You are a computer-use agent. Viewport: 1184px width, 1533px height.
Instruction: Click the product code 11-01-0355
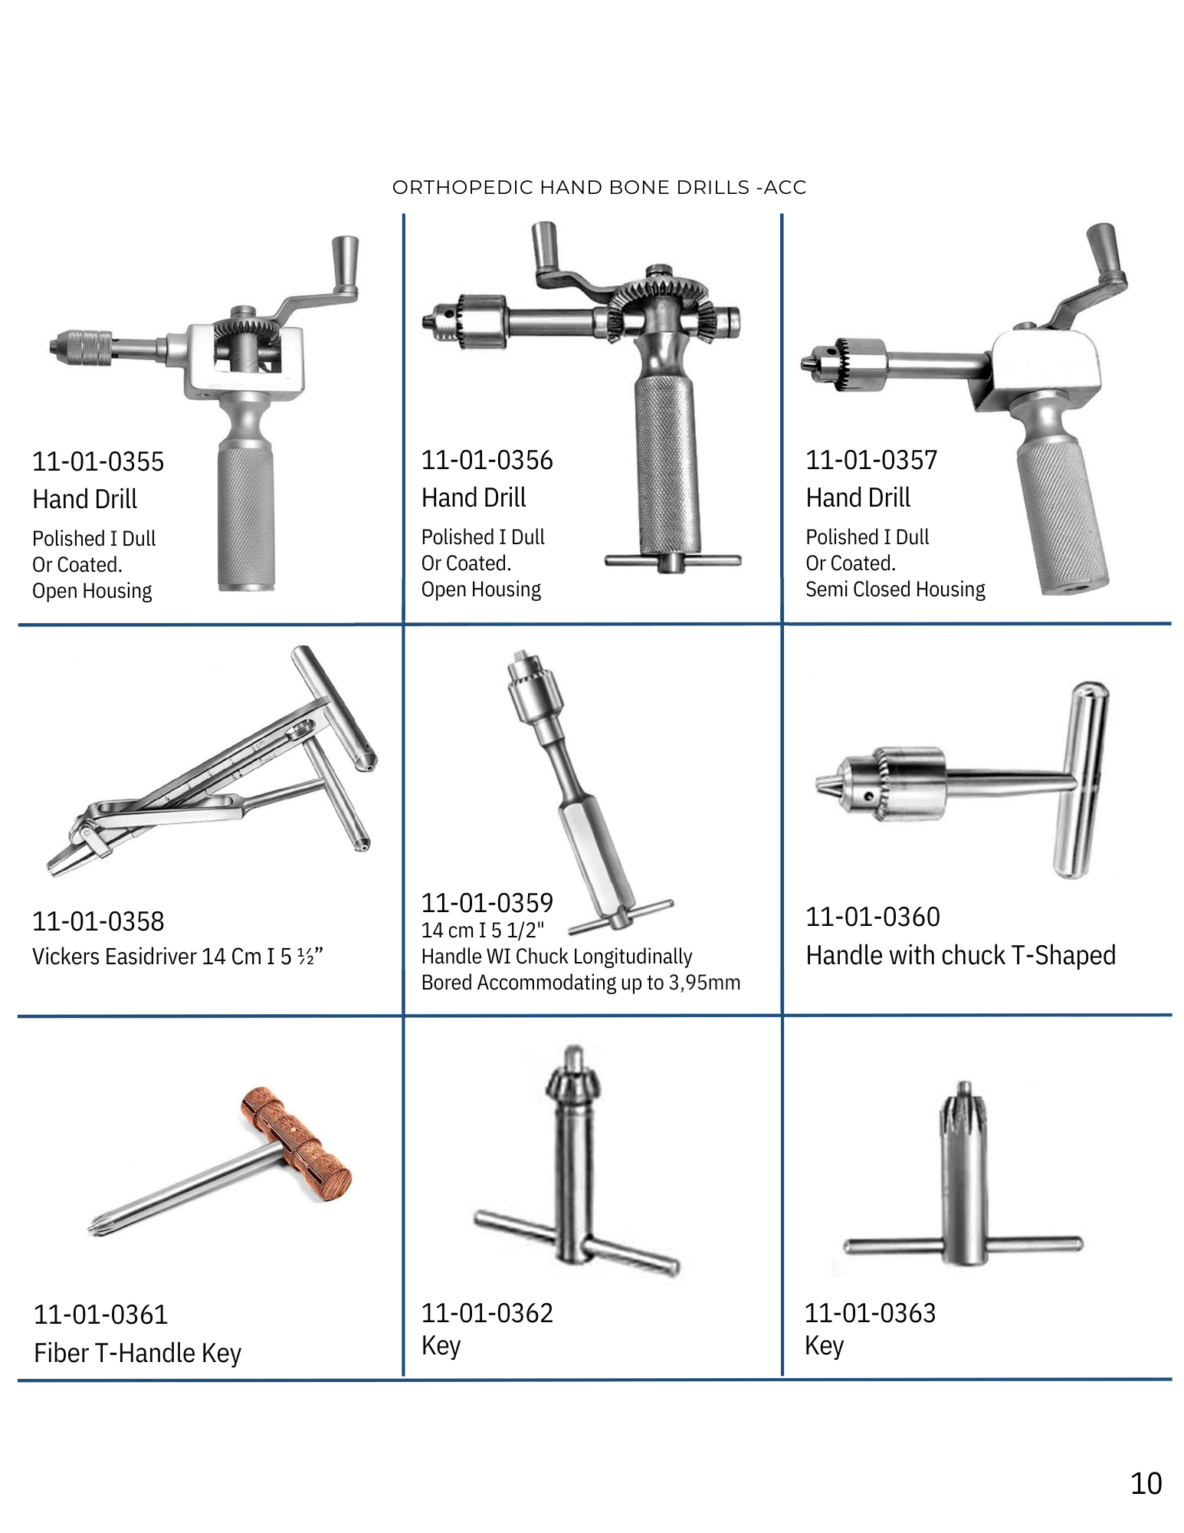(x=98, y=461)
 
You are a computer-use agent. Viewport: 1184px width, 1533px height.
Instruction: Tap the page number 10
(x=1146, y=1484)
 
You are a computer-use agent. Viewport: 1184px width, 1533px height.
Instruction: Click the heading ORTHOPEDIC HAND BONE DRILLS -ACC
(x=599, y=188)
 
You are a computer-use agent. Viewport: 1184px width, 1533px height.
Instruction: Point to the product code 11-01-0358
(x=98, y=921)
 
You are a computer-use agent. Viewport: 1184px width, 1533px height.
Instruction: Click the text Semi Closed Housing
(x=895, y=589)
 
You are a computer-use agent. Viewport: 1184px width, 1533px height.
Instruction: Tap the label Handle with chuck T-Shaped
(x=961, y=955)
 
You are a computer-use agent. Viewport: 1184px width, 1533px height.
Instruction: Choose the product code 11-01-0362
(x=487, y=1313)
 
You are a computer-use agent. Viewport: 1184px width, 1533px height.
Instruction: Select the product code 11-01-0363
(x=871, y=1313)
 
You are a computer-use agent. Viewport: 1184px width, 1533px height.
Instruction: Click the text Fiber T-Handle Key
(x=138, y=1353)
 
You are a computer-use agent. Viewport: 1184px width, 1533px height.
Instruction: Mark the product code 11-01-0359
(x=487, y=903)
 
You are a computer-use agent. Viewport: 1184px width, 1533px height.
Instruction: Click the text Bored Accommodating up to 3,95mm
(x=581, y=983)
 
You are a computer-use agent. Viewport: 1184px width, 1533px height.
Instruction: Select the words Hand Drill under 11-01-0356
(x=474, y=498)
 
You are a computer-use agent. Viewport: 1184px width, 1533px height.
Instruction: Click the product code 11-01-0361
(x=100, y=1315)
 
